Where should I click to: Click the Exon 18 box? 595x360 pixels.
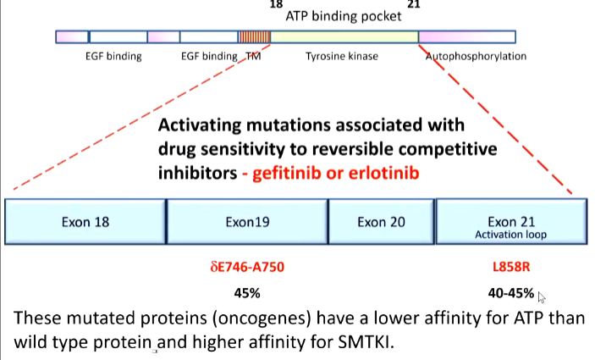(85, 222)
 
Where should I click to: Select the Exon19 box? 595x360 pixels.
(246, 222)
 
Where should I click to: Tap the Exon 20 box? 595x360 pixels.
(381, 222)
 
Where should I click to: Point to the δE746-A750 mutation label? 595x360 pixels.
(247, 267)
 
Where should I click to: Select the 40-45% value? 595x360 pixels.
(510, 294)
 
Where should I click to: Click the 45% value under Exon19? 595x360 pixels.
(247, 294)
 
